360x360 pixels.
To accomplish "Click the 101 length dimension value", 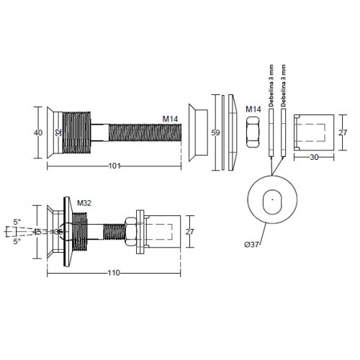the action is coord(114,166).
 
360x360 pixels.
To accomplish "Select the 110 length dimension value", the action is coord(114,273).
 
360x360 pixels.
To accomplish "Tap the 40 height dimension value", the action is coord(38,132).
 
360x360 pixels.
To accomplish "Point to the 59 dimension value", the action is coord(215,132).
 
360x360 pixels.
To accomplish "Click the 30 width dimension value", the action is coord(314,157).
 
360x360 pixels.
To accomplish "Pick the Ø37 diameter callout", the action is coord(251,245).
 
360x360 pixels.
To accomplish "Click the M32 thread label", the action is coord(84,203).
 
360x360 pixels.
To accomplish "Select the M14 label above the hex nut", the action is coord(253,109).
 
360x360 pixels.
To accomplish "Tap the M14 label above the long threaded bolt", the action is coord(170,119).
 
